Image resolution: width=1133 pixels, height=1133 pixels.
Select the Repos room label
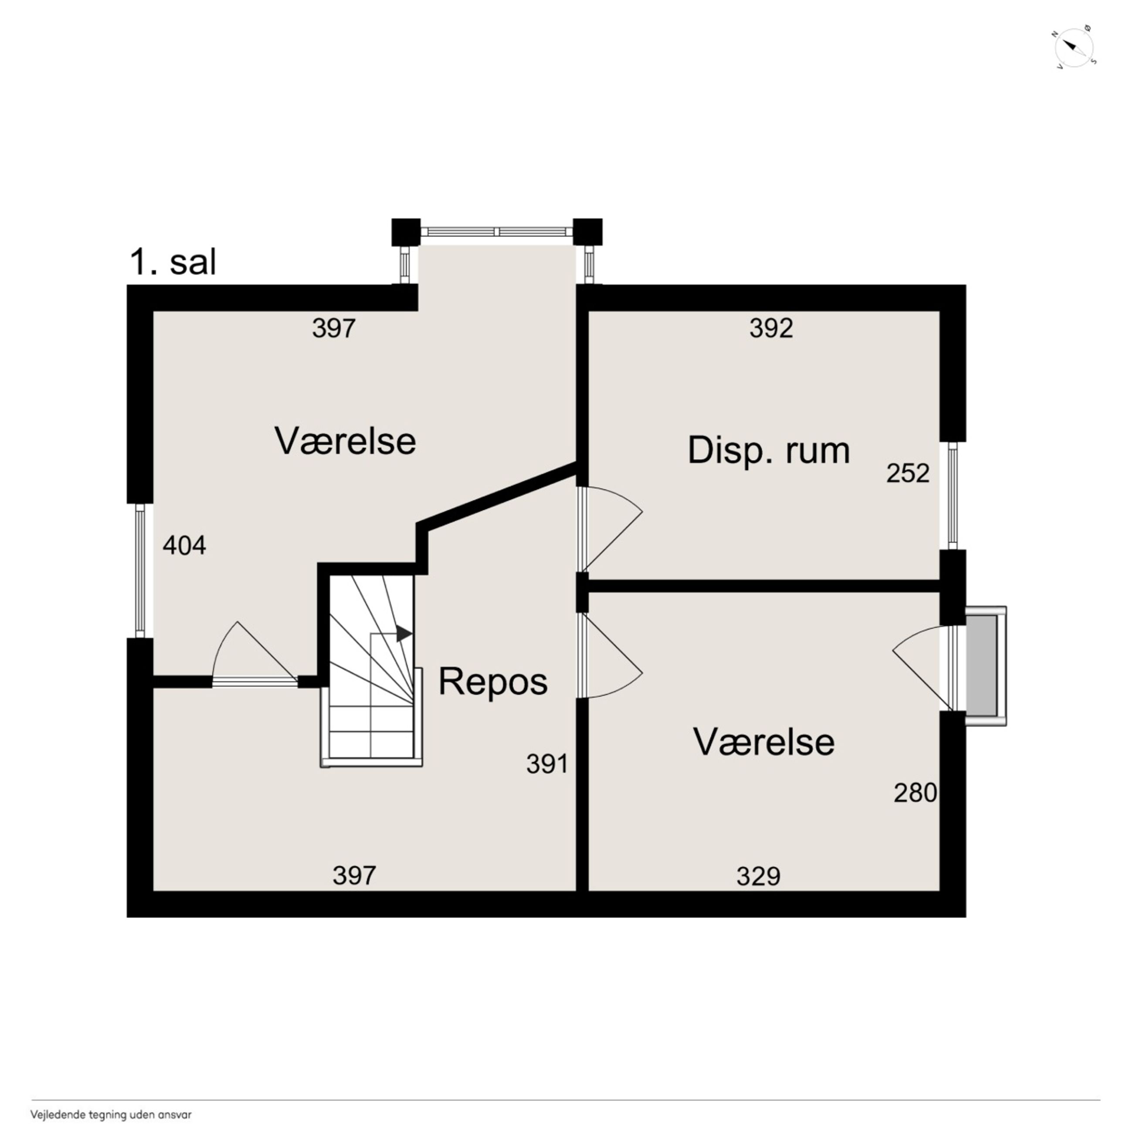tap(492, 682)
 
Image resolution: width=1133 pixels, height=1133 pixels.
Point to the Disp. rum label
tap(768, 451)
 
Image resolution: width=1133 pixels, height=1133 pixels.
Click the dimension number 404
tap(184, 546)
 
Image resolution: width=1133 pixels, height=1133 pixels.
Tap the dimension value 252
tap(908, 473)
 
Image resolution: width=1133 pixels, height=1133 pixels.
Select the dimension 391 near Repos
tap(547, 764)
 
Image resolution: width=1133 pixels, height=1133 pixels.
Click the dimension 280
tap(915, 793)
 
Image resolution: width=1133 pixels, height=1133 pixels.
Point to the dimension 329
tap(758, 877)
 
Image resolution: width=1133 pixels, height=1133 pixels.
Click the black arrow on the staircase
tap(404, 633)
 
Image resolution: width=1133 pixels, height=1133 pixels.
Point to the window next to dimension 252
tap(953, 495)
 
